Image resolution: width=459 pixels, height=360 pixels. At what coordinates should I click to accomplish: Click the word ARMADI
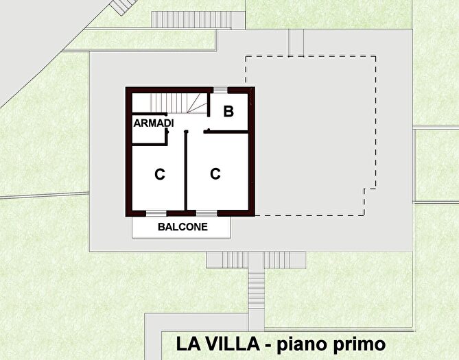(153, 123)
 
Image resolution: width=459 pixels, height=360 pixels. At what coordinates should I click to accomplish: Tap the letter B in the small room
(228, 111)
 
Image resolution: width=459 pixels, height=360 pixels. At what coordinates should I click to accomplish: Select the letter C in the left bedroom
(160, 175)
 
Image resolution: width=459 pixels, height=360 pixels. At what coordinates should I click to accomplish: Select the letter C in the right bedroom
(215, 174)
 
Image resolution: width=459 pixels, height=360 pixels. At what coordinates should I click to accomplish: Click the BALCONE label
(183, 226)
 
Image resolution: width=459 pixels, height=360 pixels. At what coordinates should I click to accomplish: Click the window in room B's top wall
(220, 90)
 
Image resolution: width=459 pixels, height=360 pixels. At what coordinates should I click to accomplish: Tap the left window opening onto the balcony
(156, 213)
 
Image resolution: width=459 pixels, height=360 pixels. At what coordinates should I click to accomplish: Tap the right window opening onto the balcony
(207, 213)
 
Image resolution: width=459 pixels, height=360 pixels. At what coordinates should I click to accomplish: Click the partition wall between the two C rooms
(186, 171)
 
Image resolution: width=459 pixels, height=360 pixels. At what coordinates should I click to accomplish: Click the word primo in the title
(353, 344)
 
